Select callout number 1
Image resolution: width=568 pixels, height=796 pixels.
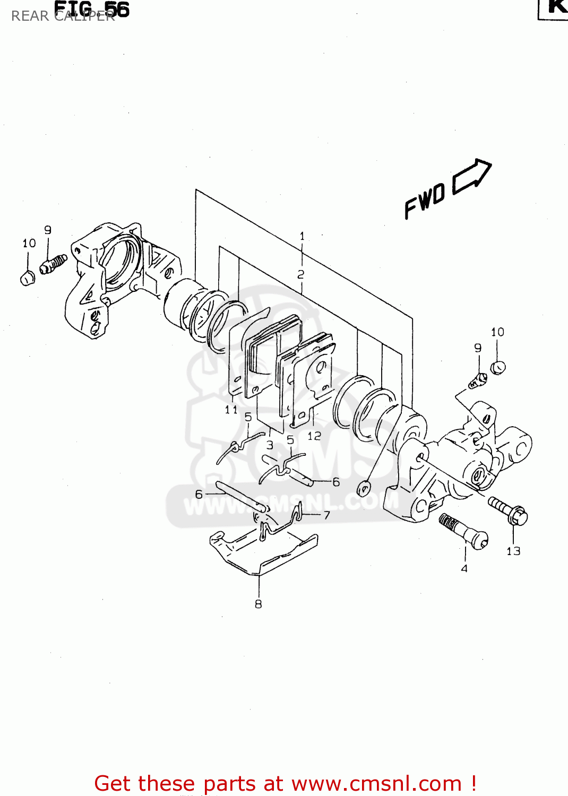(302, 236)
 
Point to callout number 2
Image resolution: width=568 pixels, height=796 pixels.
(301, 274)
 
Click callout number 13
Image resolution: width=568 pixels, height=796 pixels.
(513, 551)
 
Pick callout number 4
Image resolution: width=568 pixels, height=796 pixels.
(464, 568)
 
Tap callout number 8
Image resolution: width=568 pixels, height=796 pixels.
(259, 604)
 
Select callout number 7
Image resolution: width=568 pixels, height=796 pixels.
(326, 515)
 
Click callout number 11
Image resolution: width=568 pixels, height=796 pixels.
(231, 410)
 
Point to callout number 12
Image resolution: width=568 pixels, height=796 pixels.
(314, 436)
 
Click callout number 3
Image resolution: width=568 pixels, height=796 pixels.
(270, 445)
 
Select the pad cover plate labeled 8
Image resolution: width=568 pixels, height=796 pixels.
(264, 552)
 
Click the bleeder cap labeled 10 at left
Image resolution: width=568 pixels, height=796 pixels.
(27, 278)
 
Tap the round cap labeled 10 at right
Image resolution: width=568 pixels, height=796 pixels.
(497, 367)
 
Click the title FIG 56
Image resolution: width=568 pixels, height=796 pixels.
(92, 9)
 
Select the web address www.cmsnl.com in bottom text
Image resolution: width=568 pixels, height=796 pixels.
(376, 783)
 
